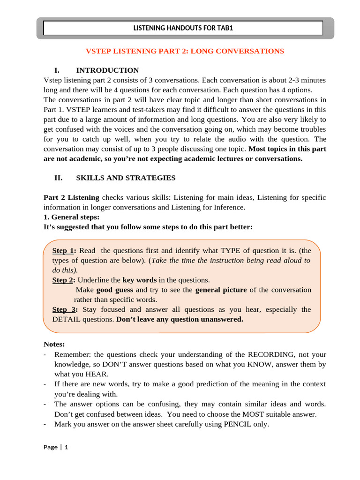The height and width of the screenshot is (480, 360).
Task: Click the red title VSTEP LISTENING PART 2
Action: (184, 51)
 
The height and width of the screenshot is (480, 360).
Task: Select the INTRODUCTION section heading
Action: (107, 70)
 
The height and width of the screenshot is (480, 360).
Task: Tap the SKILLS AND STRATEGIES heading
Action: (126, 178)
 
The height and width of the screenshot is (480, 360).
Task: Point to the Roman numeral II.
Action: (59, 178)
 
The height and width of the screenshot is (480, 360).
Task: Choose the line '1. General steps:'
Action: (71, 217)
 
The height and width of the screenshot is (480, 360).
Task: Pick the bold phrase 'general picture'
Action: (221, 290)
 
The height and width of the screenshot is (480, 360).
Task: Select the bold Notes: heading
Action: (54, 345)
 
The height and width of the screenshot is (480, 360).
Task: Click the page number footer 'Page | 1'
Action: (56, 447)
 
